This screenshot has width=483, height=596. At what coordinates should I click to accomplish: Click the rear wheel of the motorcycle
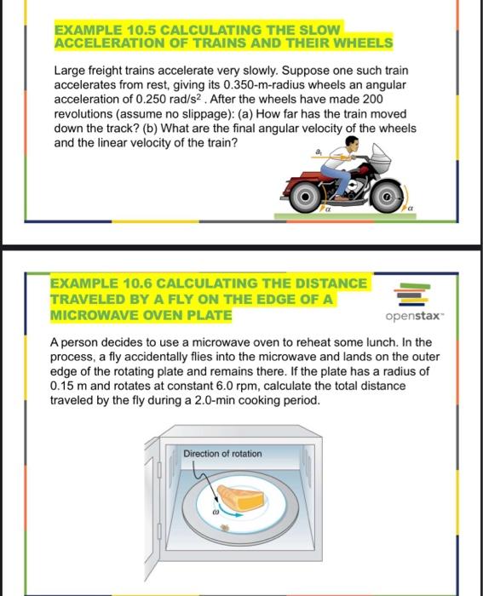pos(304,197)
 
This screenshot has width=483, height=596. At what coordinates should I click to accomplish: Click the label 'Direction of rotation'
pos(222,454)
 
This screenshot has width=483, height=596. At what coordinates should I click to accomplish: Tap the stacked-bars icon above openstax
pos(411,293)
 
